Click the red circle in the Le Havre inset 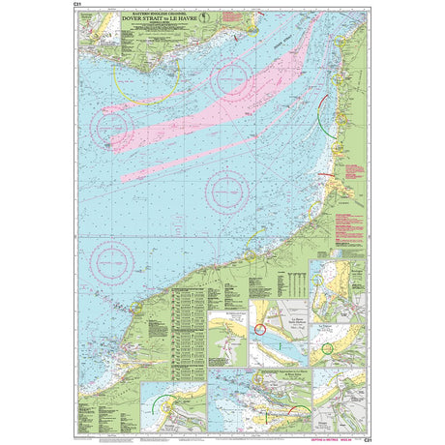pyautogui.click(x=259, y=330)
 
